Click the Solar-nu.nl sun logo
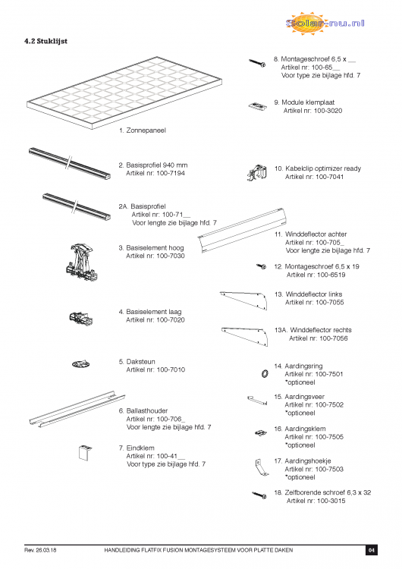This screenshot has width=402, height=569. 325,24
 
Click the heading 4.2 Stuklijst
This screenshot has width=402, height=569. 46,41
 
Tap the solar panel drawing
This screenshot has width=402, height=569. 124,93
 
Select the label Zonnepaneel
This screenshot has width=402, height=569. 146,130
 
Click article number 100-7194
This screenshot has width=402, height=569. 171,174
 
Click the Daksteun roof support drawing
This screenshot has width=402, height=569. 80,363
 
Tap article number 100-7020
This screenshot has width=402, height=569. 171,320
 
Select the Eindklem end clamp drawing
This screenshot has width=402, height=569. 85,452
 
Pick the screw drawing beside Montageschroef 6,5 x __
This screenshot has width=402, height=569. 257,63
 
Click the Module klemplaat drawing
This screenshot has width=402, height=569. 258,106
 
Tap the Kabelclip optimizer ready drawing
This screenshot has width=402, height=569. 257,173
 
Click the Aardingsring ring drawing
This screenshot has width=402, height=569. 265,373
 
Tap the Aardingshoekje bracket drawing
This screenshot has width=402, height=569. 261,468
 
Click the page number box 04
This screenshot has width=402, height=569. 371,550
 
